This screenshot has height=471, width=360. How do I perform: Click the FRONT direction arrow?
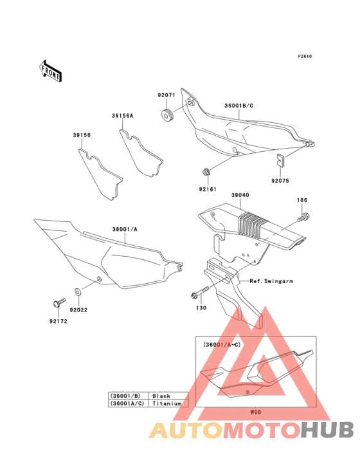(x=50, y=71)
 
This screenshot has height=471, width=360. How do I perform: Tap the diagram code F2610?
(x=305, y=56)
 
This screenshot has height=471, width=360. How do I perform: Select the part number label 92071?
(x=166, y=95)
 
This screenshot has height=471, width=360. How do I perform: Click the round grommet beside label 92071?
(x=168, y=116)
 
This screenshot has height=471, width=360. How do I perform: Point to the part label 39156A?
(x=122, y=116)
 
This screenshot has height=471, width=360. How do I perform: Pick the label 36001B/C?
(x=239, y=106)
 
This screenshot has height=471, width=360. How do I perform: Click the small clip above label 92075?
(x=281, y=160)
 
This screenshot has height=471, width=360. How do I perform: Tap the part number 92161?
(x=208, y=189)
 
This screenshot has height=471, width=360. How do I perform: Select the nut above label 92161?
(x=206, y=172)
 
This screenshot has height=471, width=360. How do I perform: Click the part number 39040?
(x=240, y=195)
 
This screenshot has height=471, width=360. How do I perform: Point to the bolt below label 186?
(x=303, y=217)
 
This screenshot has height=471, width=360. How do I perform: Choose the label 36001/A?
(x=125, y=230)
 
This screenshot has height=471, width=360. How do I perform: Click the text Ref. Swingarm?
(x=271, y=281)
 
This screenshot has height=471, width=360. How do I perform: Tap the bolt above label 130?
(x=200, y=292)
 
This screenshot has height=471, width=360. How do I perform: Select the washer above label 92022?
(x=78, y=291)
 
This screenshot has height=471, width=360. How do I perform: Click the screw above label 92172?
(x=59, y=302)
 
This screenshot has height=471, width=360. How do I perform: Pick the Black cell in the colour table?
(x=161, y=396)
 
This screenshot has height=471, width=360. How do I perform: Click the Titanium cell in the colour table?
(x=166, y=403)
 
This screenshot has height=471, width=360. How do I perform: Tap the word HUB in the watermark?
(x=328, y=430)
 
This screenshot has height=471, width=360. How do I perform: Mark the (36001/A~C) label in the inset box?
(x=222, y=345)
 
